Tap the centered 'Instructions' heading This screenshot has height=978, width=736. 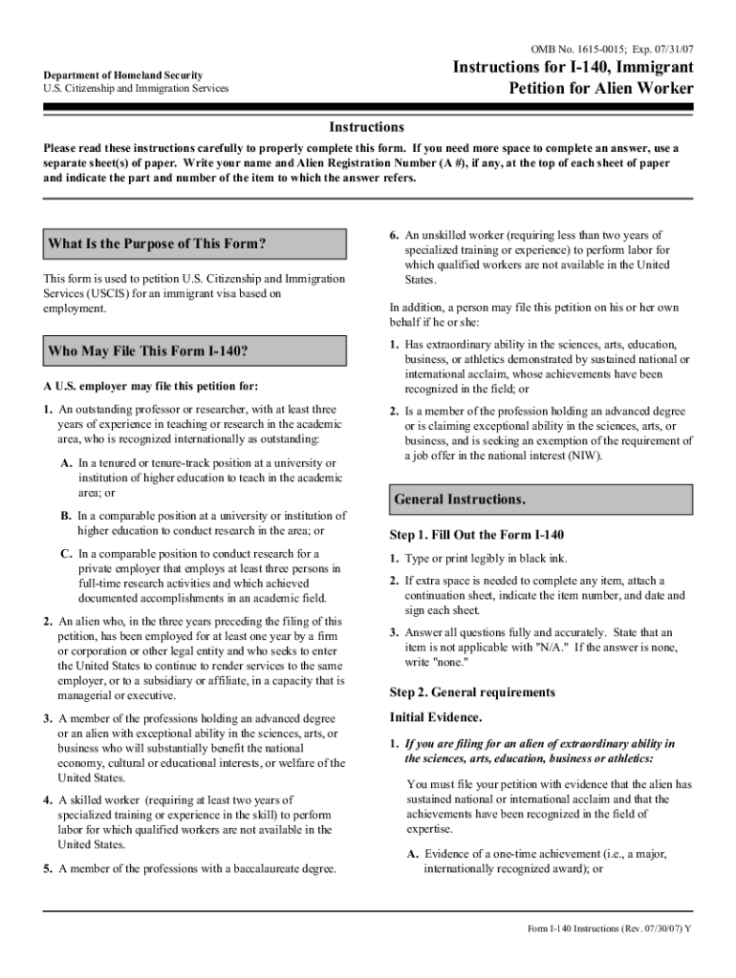(x=367, y=127)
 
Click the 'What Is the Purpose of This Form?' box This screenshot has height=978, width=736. (x=195, y=244)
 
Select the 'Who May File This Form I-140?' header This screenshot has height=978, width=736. (x=195, y=351)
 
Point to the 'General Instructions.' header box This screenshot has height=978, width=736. (x=541, y=500)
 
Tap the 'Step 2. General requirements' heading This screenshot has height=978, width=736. (x=472, y=691)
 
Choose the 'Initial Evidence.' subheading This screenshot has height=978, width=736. (x=436, y=716)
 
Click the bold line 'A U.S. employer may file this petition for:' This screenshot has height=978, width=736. (x=150, y=386)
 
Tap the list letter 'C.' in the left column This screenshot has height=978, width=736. (x=67, y=554)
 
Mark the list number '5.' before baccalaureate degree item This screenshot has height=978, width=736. (x=48, y=869)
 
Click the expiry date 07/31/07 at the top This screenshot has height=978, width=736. (x=671, y=48)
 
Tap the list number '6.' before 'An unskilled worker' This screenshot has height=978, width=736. (x=394, y=235)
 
